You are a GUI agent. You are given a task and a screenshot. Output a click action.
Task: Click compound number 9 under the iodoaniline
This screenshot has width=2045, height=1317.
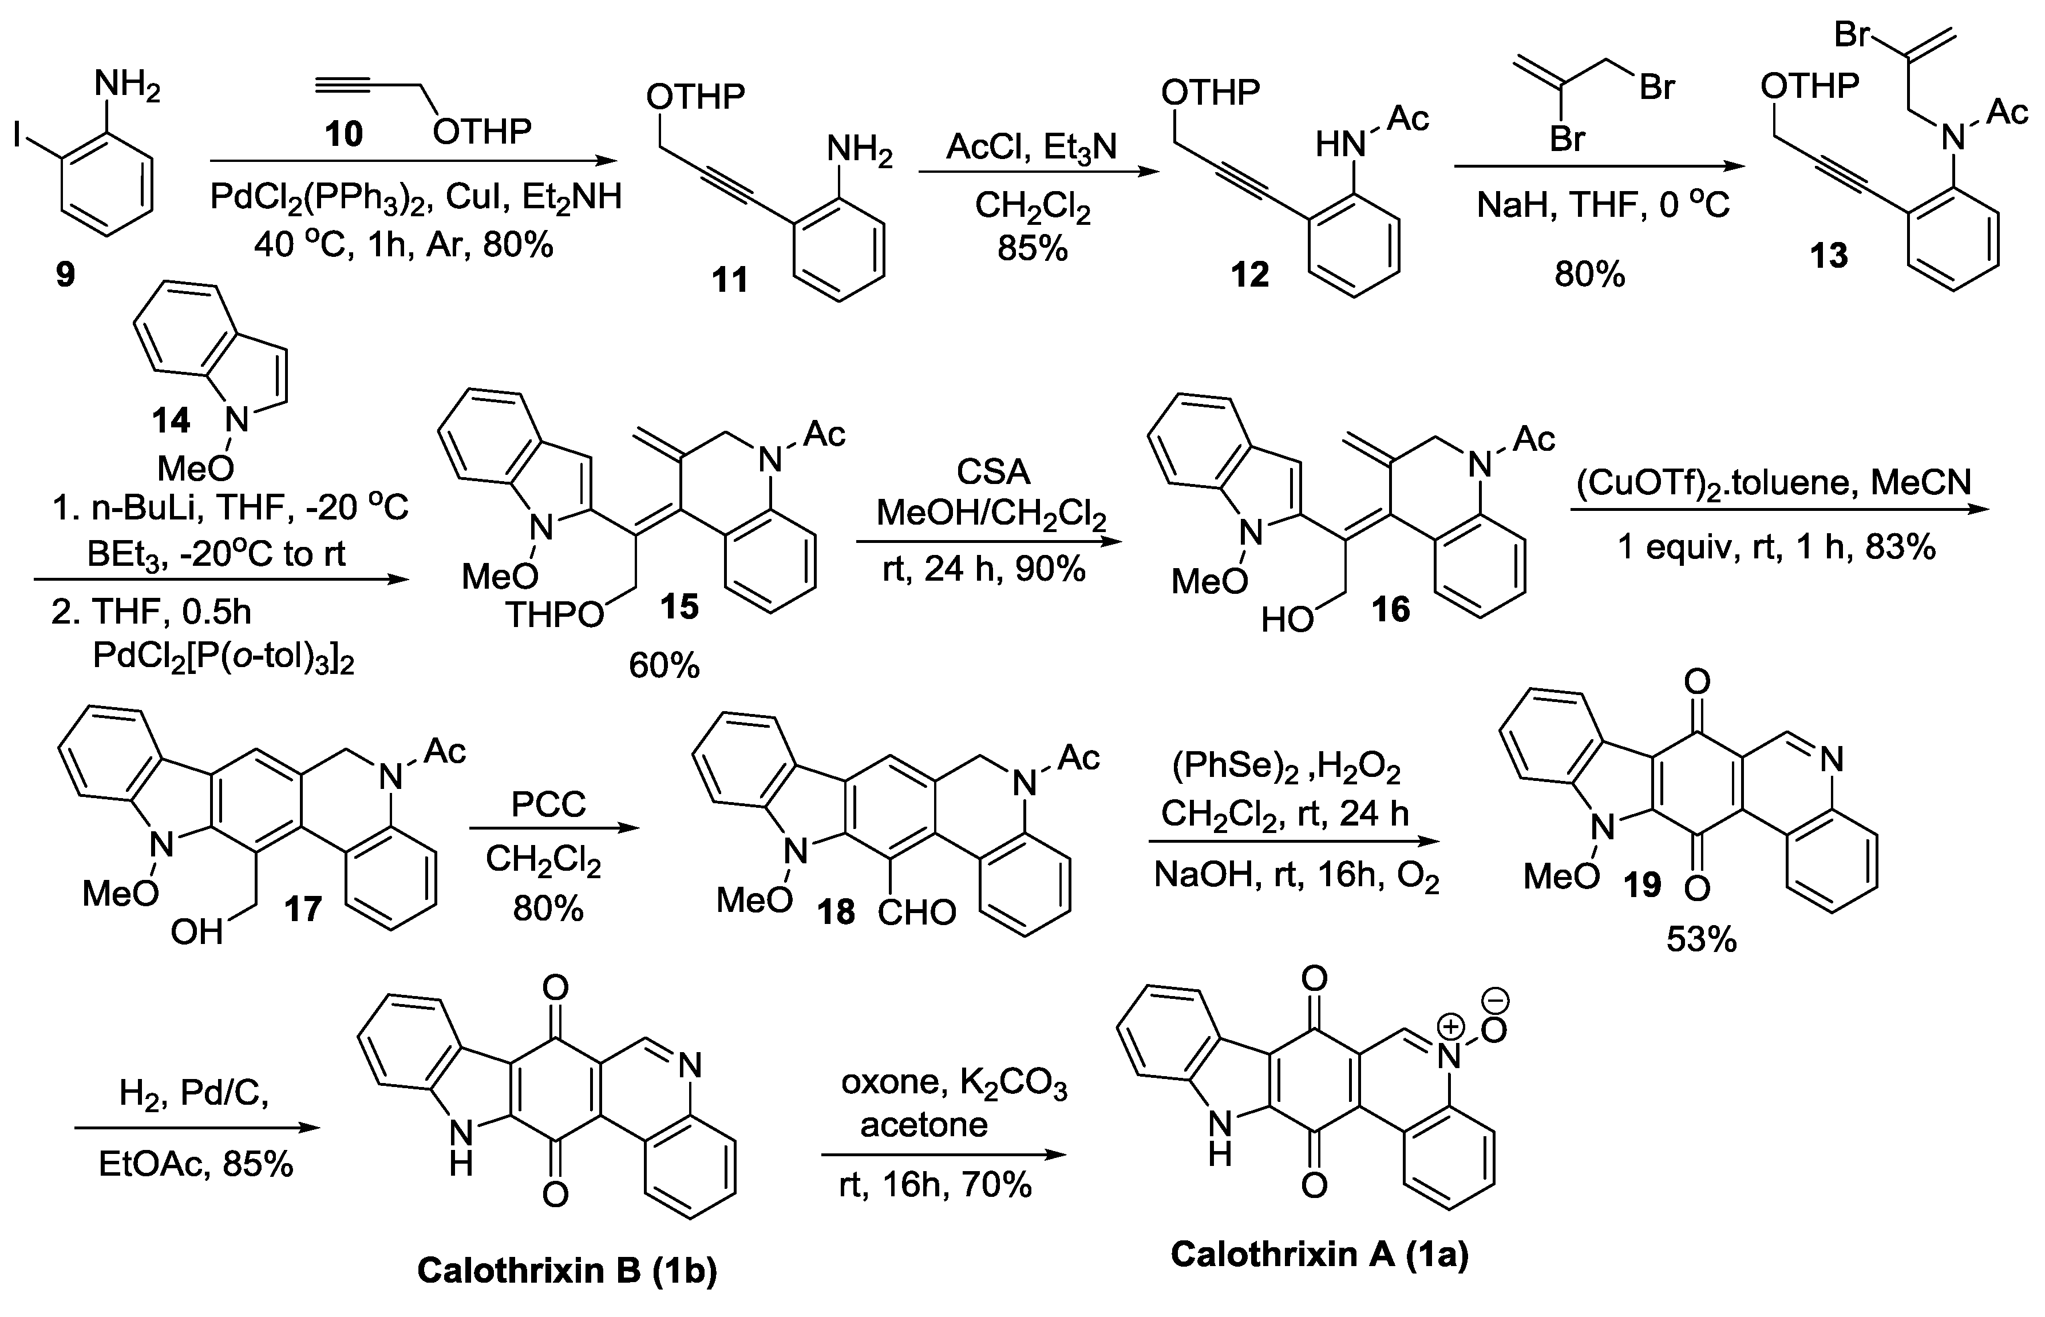[65, 275]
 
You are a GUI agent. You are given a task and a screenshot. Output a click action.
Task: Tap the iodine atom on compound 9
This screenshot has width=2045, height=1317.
[17, 134]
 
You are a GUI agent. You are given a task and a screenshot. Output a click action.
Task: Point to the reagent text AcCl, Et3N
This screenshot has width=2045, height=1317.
[1031, 147]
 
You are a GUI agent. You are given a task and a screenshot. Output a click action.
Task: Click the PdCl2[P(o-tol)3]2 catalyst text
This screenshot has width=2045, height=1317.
[224, 657]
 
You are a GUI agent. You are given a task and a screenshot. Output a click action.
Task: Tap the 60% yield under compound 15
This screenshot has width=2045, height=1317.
[664, 665]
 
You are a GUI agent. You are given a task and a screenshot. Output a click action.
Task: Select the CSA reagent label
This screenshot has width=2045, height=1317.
[992, 471]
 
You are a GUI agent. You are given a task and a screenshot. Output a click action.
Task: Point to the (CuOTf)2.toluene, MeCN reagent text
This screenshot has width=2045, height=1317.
[1775, 483]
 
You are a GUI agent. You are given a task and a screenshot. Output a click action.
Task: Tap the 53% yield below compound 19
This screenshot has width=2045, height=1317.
[1701, 940]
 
